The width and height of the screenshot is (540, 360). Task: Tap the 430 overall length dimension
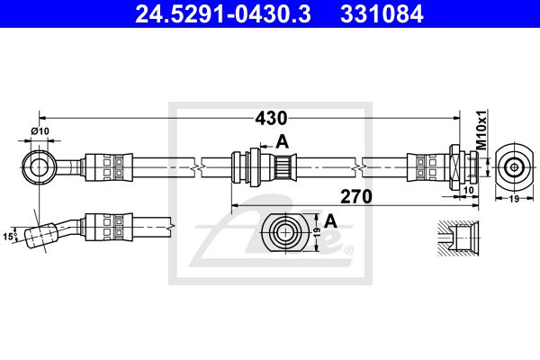(269, 118)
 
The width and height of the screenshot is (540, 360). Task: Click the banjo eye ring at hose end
(39, 166)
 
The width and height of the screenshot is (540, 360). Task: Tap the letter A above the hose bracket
(282, 140)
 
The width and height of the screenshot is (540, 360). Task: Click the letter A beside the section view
(330, 220)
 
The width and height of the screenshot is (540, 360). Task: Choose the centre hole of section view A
(284, 233)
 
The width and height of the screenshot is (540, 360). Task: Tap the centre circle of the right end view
(514, 166)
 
